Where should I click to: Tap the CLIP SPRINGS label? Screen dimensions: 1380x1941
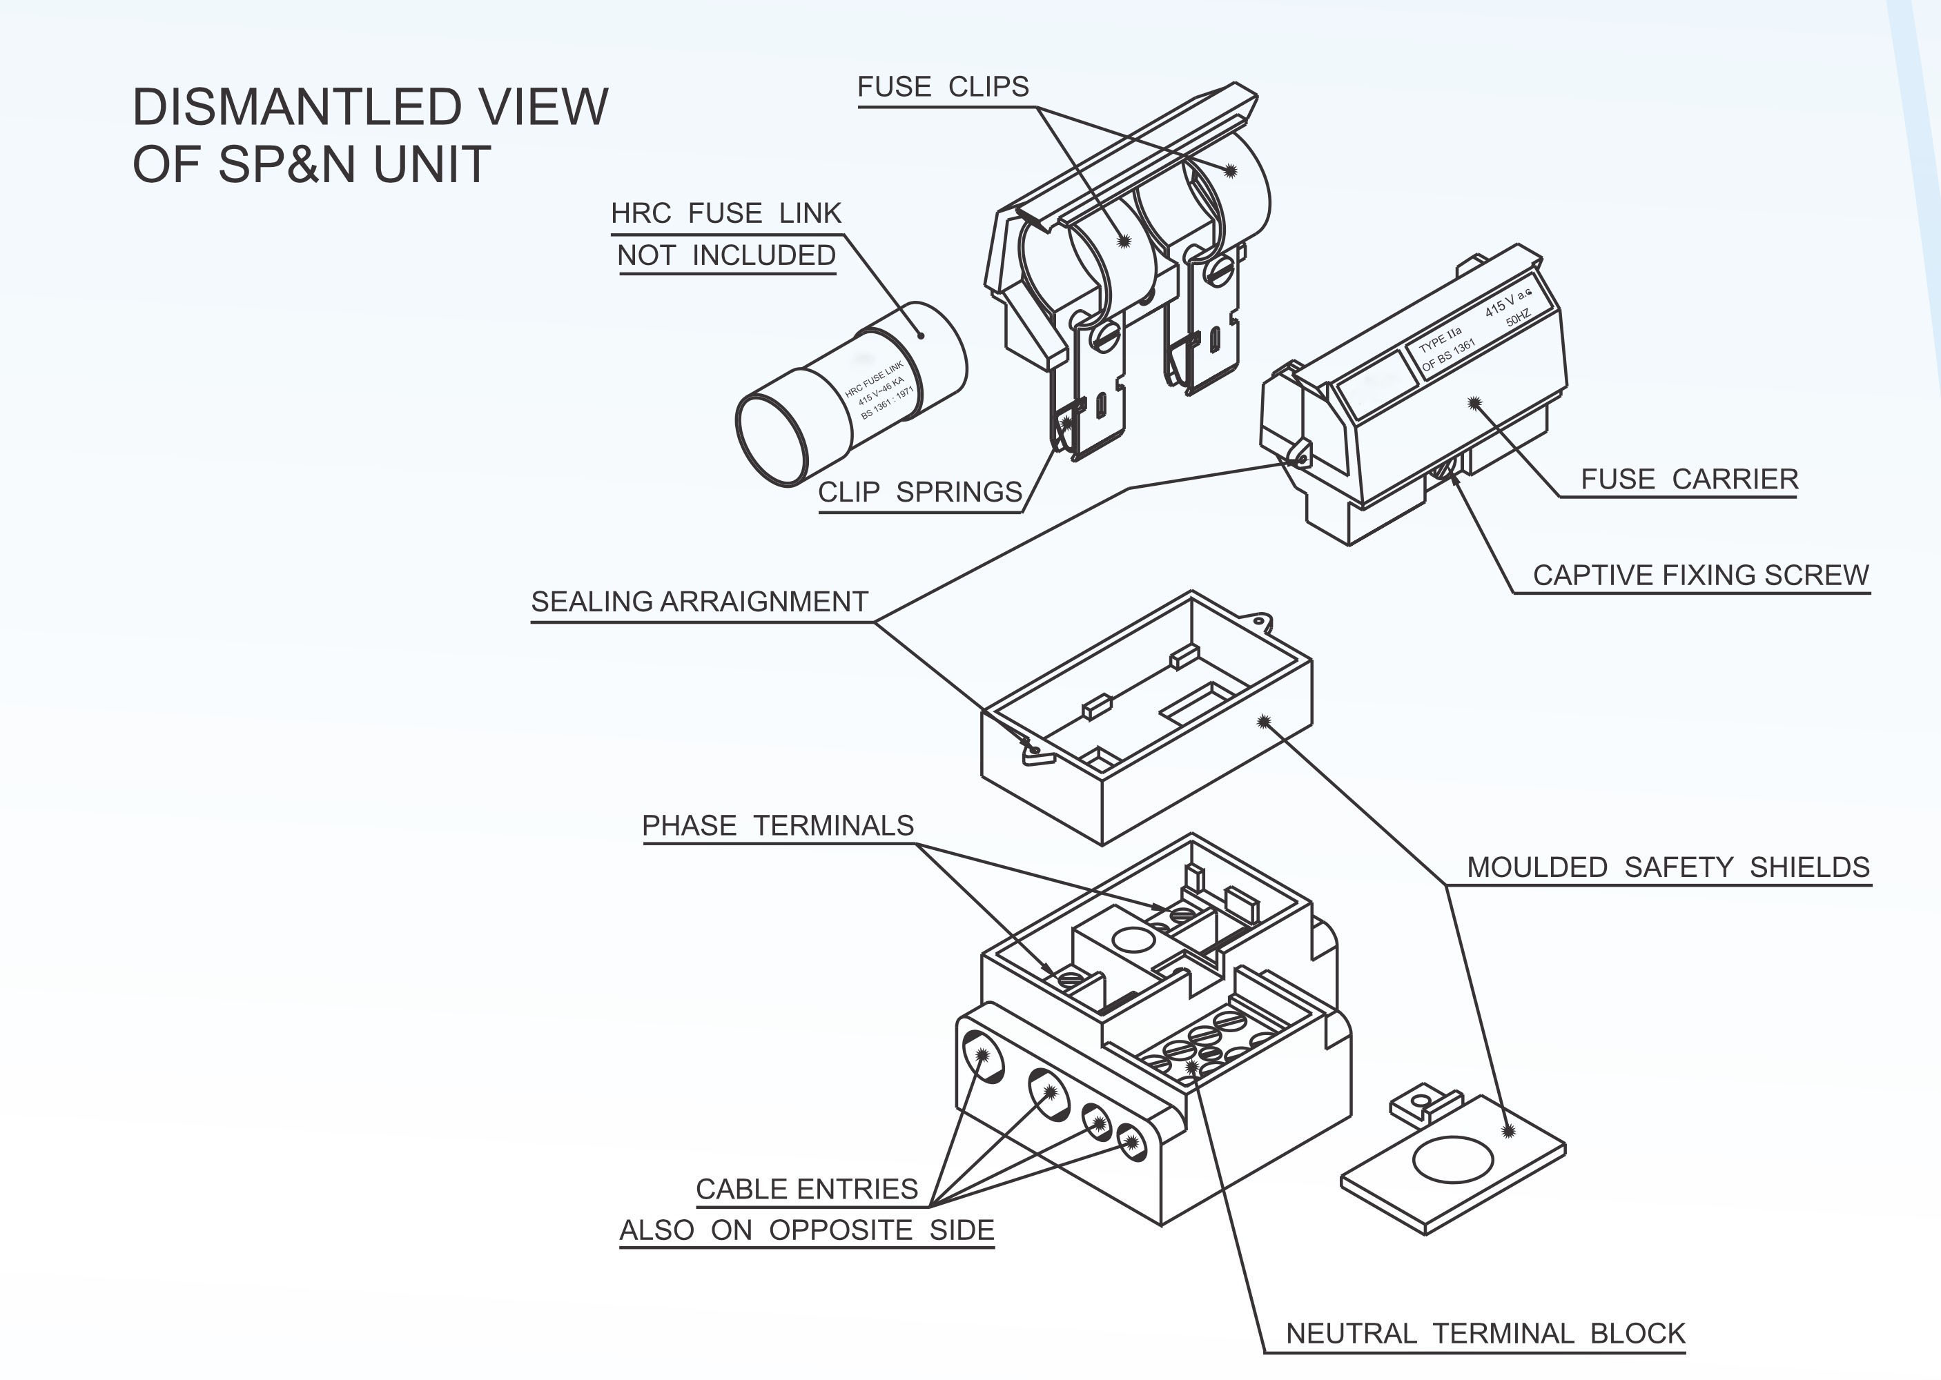[x=919, y=492]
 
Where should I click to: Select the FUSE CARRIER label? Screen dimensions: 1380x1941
[x=1690, y=480]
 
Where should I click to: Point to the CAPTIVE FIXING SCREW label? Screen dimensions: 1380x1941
[x=1701, y=575]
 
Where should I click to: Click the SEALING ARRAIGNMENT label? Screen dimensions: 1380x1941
[x=699, y=602]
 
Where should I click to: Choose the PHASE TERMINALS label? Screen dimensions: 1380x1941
[x=778, y=825]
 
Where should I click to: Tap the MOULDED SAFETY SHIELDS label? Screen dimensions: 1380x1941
[x=1668, y=867]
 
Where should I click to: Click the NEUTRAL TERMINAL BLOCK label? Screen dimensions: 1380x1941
[x=1485, y=1333]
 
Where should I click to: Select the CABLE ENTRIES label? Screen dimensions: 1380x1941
[x=806, y=1189]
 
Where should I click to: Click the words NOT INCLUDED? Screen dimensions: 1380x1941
[x=727, y=255]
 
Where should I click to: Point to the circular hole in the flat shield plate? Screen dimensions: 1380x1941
[x=1452, y=1159]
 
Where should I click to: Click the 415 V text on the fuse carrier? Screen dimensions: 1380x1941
[x=1499, y=306]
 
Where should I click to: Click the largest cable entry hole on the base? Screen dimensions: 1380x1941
[x=982, y=1056]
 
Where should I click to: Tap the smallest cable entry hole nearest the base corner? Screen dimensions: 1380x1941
[x=1131, y=1142]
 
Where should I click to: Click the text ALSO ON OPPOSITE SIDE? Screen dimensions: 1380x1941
[x=806, y=1230]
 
